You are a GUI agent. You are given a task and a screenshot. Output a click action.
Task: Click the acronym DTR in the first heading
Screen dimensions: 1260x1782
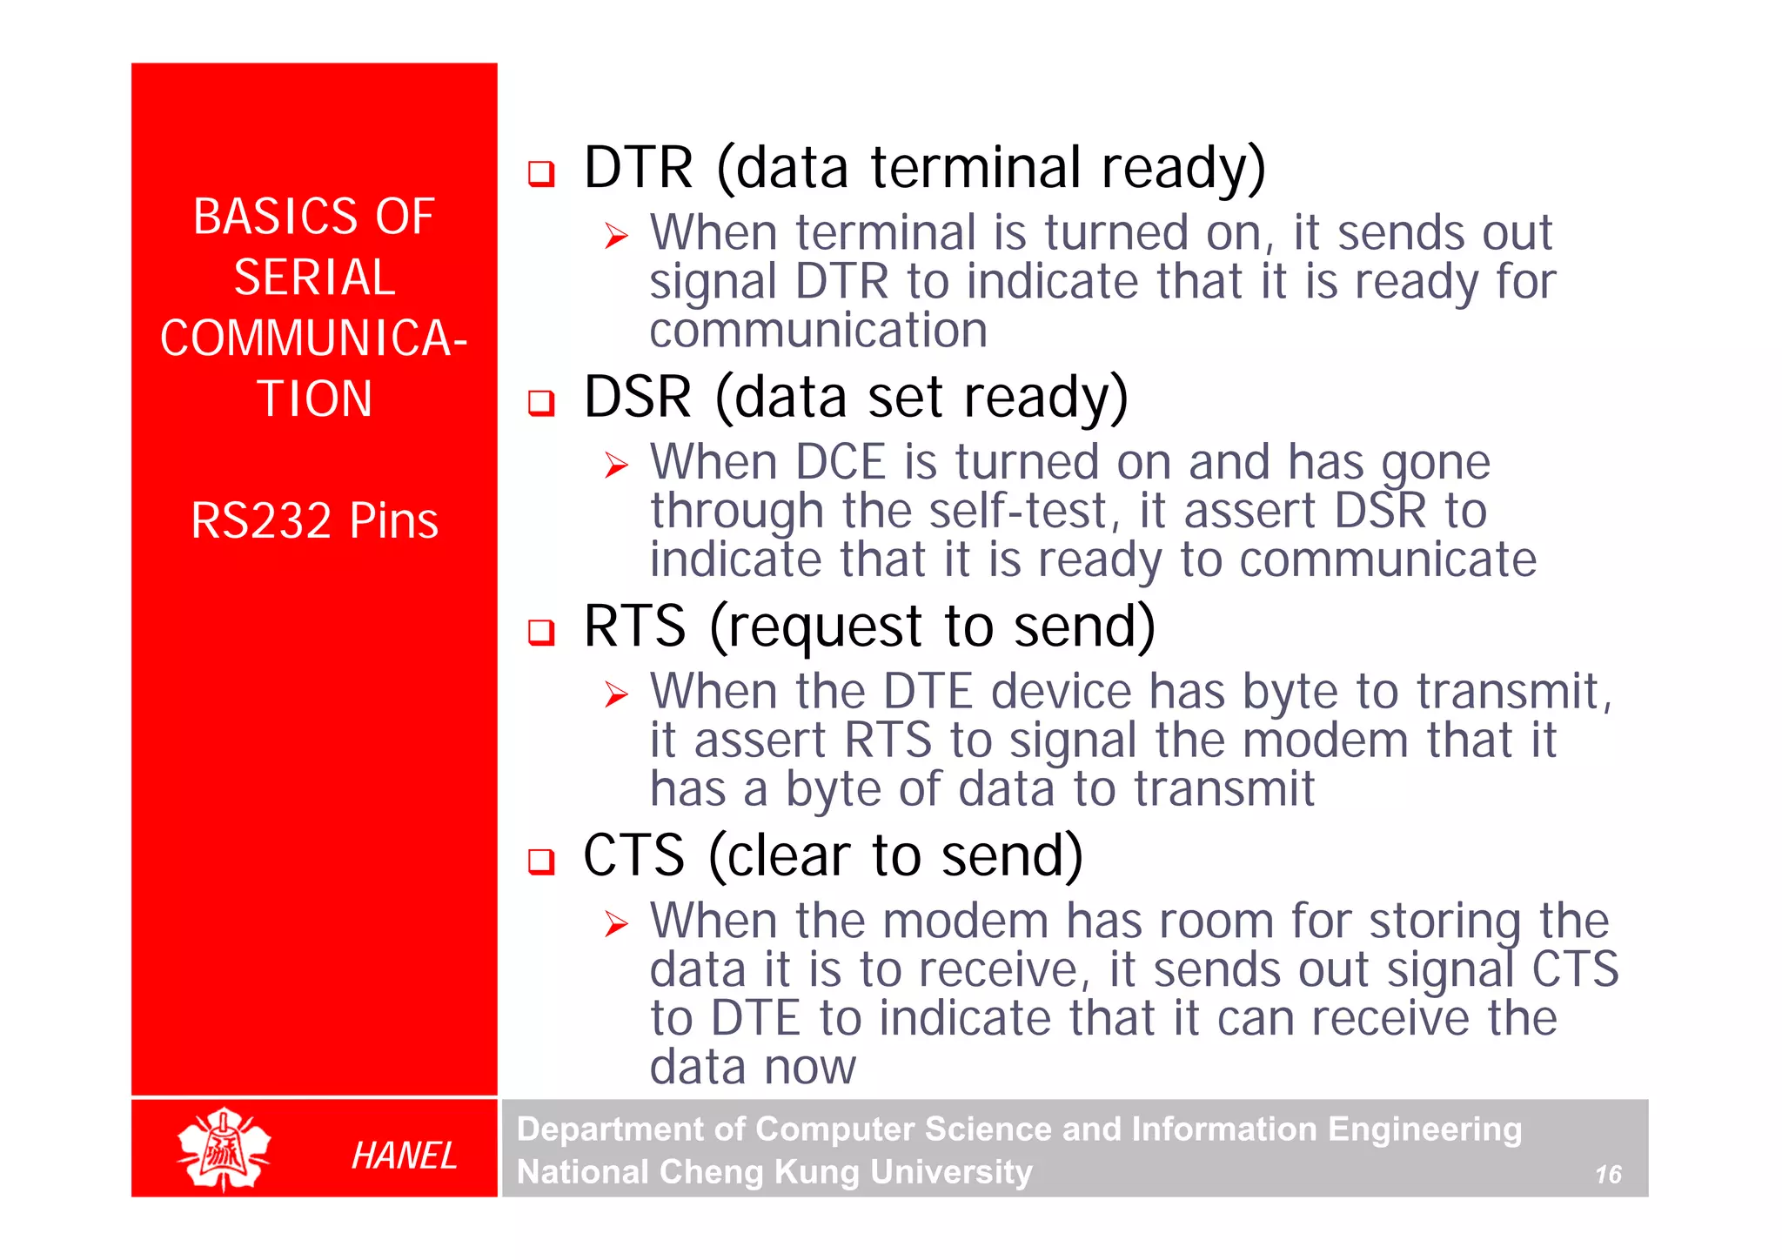coord(638,167)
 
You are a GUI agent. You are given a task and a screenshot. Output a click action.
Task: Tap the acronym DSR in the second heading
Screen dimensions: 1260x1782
coord(638,397)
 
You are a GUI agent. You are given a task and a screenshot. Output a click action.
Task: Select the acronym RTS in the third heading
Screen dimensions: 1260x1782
coord(634,626)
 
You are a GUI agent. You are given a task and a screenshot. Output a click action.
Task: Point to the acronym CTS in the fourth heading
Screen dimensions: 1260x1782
coord(633,855)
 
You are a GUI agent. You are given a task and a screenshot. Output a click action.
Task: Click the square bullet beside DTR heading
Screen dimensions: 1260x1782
coord(541,173)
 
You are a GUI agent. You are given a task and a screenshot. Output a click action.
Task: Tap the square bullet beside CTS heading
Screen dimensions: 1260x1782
coord(541,861)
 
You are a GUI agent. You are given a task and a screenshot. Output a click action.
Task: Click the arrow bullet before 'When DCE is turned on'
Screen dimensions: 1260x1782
coord(616,466)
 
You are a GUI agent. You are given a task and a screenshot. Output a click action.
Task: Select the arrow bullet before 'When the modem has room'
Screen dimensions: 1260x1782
coord(616,924)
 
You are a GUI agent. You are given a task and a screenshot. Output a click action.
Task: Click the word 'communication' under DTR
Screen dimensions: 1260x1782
coord(818,331)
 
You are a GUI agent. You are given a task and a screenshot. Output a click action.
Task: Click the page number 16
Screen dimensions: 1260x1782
coord(1608,1175)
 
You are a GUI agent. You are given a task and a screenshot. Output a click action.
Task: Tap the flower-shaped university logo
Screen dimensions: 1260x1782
coord(224,1149)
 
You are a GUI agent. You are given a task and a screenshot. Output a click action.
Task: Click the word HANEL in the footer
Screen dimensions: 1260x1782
coord(404,1156)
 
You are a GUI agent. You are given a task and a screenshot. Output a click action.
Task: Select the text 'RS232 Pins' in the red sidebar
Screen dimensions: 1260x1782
coord(314,520)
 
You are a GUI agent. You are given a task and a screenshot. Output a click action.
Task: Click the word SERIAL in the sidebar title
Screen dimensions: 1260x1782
coord(314,278)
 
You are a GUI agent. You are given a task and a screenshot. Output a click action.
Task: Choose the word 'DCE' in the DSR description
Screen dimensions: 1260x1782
coord(840,462)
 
